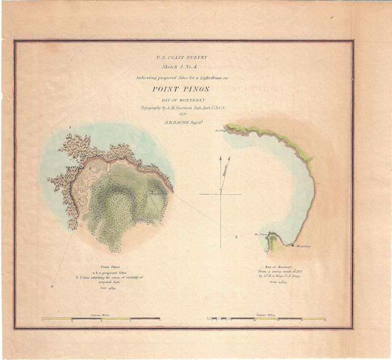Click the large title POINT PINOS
coord(181,89)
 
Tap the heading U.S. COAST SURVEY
coord(181,57)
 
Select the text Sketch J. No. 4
coord(181,67)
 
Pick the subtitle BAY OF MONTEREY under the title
coord(181,100)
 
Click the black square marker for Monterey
coord(293,245)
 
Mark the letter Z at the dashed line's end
coord(236,237)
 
